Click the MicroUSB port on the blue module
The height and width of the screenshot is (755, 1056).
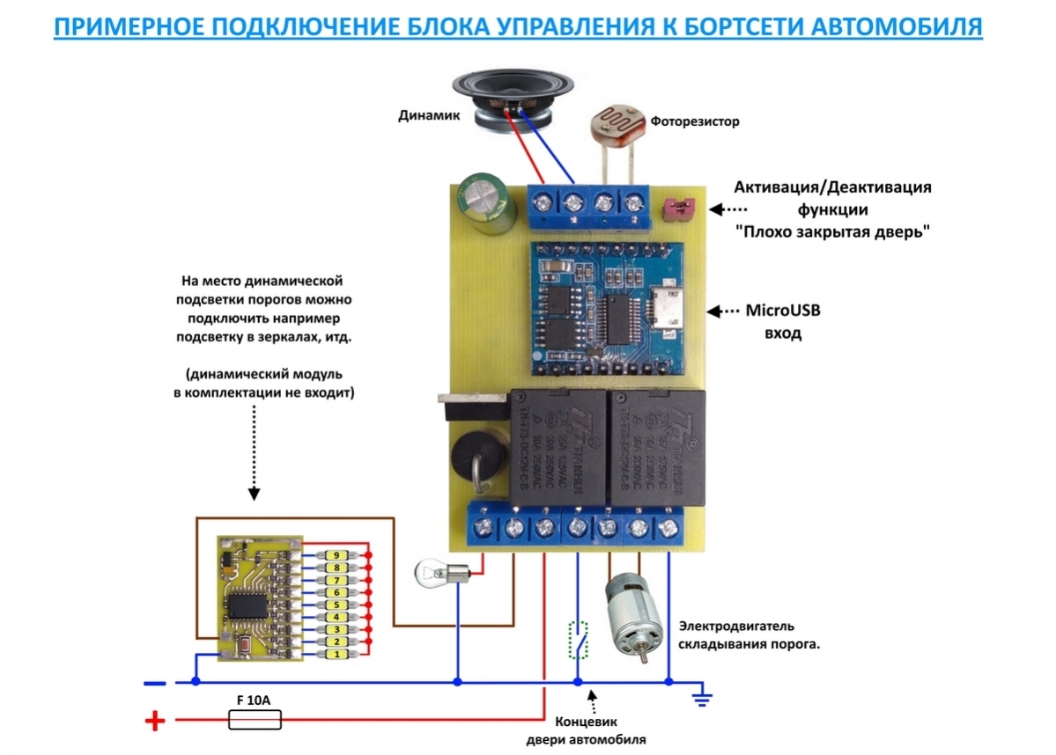[x=668, y=313]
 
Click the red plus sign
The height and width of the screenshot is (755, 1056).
[x=154, y=722]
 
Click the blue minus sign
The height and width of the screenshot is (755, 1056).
[x=154, y=682]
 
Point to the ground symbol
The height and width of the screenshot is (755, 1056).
[x=701, y=699]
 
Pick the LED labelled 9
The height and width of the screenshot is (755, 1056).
[x=335, y=556]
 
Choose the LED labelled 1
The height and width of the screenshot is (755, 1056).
[x=335, y=656]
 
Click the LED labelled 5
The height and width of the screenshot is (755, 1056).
[x=335, y=605]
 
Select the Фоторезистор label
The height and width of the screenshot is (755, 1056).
[x=695, y=121]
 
